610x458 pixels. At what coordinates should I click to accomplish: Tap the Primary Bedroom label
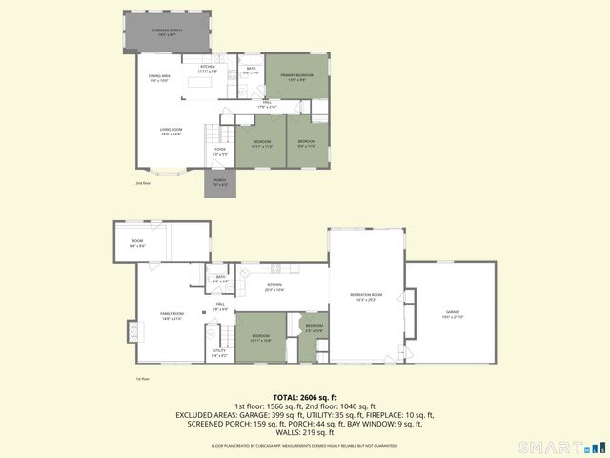(x=296, y=75)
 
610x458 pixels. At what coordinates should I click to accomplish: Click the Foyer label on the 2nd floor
(x=219, y=152)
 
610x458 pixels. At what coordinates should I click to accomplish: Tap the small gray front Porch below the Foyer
(x=219, y=183)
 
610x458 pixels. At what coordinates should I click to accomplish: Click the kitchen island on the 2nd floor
(x=201, y=87)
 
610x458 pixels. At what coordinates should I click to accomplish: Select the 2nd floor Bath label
(x=251, y=71)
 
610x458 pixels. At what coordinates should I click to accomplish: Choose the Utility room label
(x=219, y=353)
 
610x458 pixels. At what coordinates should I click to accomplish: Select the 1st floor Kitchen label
(x=274, y=287)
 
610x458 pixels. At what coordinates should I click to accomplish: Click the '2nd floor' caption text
(x=142, y=183)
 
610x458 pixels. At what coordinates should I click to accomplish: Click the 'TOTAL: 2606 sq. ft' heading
(x=305, y=397)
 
